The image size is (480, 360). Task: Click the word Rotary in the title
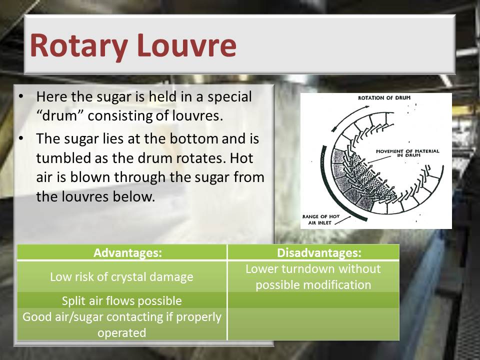point(78,46)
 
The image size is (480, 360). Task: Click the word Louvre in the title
point(186,45)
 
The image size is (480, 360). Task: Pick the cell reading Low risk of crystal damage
point(122,276)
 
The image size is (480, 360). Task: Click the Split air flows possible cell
point(122,300)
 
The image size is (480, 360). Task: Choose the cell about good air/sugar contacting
point(122,324)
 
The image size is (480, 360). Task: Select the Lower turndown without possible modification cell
point(313,276)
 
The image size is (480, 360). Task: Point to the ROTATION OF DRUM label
point(384,98)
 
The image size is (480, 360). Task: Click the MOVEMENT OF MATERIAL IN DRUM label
point(407,153)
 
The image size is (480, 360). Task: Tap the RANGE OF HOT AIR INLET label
point(321,219)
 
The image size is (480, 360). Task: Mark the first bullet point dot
point(21,96)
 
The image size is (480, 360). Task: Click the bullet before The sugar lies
point(21,138)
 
